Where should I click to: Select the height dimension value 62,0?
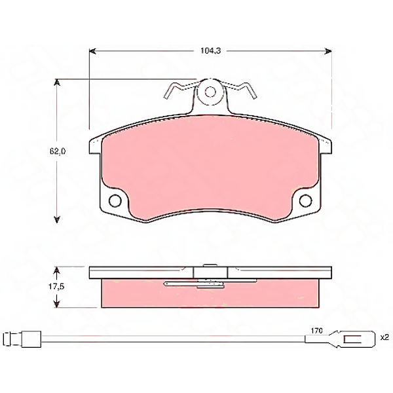tap(58, 151)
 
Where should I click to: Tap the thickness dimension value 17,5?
tap(58, 286)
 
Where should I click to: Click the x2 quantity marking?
tap(384, 338)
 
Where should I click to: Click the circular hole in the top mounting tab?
tap(210, 92)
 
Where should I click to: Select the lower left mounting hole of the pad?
tap(115, 201)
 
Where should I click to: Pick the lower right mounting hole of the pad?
tap(305, 201)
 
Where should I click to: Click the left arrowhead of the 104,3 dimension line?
tap(92, 50)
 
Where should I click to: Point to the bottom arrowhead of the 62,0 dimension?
tap(58, 220)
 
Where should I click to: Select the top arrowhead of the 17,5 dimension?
tap(58, 269)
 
